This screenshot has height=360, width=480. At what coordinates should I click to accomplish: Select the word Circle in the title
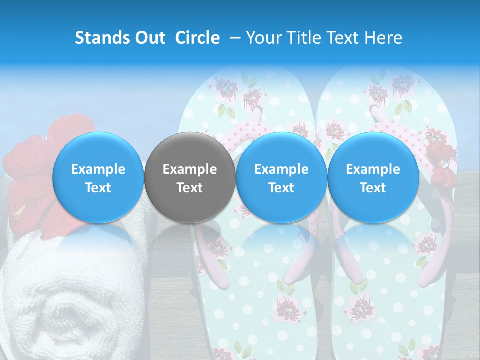(x=197, y=38)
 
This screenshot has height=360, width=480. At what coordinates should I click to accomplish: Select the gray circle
(x=190, y=177)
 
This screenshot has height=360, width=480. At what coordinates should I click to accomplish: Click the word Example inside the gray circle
(x=190, y=169)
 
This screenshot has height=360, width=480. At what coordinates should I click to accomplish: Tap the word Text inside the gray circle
(x=190, y=188)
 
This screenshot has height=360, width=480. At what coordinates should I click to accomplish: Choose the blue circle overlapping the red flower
(x=98, y=177)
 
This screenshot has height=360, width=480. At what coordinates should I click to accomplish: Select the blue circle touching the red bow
(x=373, y=177)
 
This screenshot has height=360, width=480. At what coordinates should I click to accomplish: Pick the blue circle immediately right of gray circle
(x=281, y=177)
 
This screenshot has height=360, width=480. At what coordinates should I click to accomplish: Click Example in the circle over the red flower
(x=98, y=169)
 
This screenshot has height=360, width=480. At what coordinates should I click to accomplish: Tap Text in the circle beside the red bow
(x=373, y=188)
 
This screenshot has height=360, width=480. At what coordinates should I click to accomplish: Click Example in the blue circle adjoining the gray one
(x=281, y=169)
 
